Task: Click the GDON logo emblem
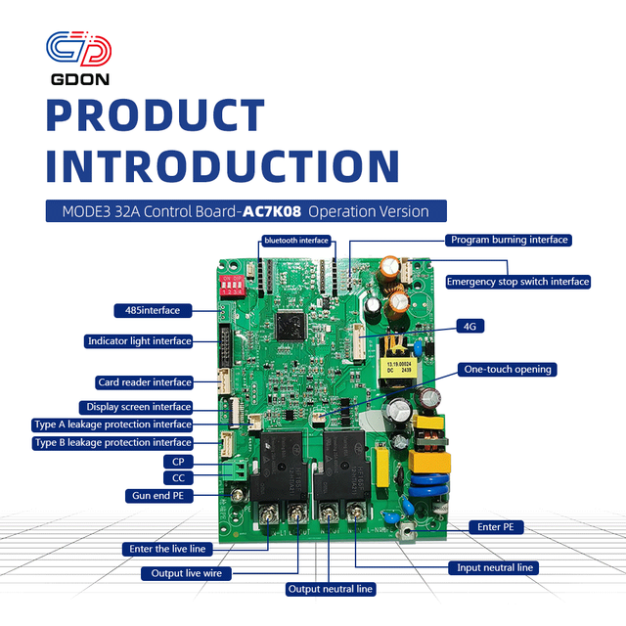[x=78, y=49]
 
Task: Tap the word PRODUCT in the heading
[x=156, y=115]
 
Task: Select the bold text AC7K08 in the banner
[x=272, y=211]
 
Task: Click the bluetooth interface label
[x=296, y=241]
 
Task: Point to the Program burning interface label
[x=509, y=240]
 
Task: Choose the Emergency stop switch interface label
[x=517, y=282]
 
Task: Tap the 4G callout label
[x=469, y=326]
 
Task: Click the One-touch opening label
[x=507, y=370]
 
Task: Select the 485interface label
[x=153, y=311]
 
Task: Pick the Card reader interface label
[x=144, y=382]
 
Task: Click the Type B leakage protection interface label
[x=112, y=443]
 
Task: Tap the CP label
[x=178, y=462]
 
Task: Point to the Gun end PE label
[x=158, y=496]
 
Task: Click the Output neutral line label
[x=331, y=589]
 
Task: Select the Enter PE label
[x=496, y=527]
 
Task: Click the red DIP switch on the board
[x=232, y=285]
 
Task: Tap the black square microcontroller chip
[x=291, y=326]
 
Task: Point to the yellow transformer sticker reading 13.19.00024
[x=398, y=368]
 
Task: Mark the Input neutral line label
[x=494, y=567]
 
